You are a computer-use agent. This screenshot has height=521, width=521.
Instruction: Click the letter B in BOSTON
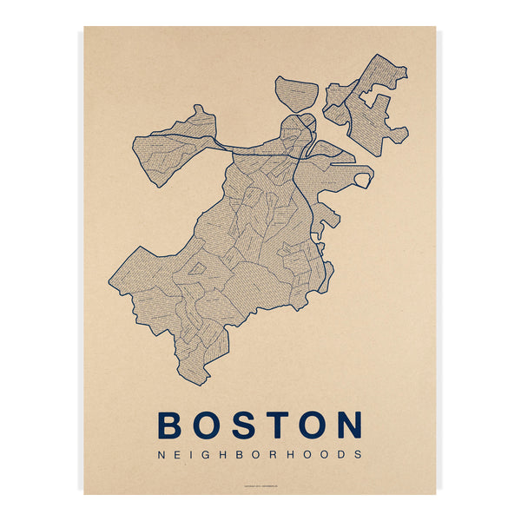(172, 425)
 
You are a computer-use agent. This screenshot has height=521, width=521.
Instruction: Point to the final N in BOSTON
(348, 425)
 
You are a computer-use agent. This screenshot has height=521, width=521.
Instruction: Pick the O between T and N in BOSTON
(312, 425)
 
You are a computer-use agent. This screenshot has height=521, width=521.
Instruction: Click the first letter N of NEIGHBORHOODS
(160, 453)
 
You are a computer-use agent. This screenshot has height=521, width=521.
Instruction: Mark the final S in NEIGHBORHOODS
(356, 453)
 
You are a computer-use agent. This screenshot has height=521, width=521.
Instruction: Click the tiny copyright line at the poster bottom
(260, 485)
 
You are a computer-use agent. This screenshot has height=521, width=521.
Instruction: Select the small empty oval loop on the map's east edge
(363, 180)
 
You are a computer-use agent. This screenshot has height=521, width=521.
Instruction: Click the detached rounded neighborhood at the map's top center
(297, 93)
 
